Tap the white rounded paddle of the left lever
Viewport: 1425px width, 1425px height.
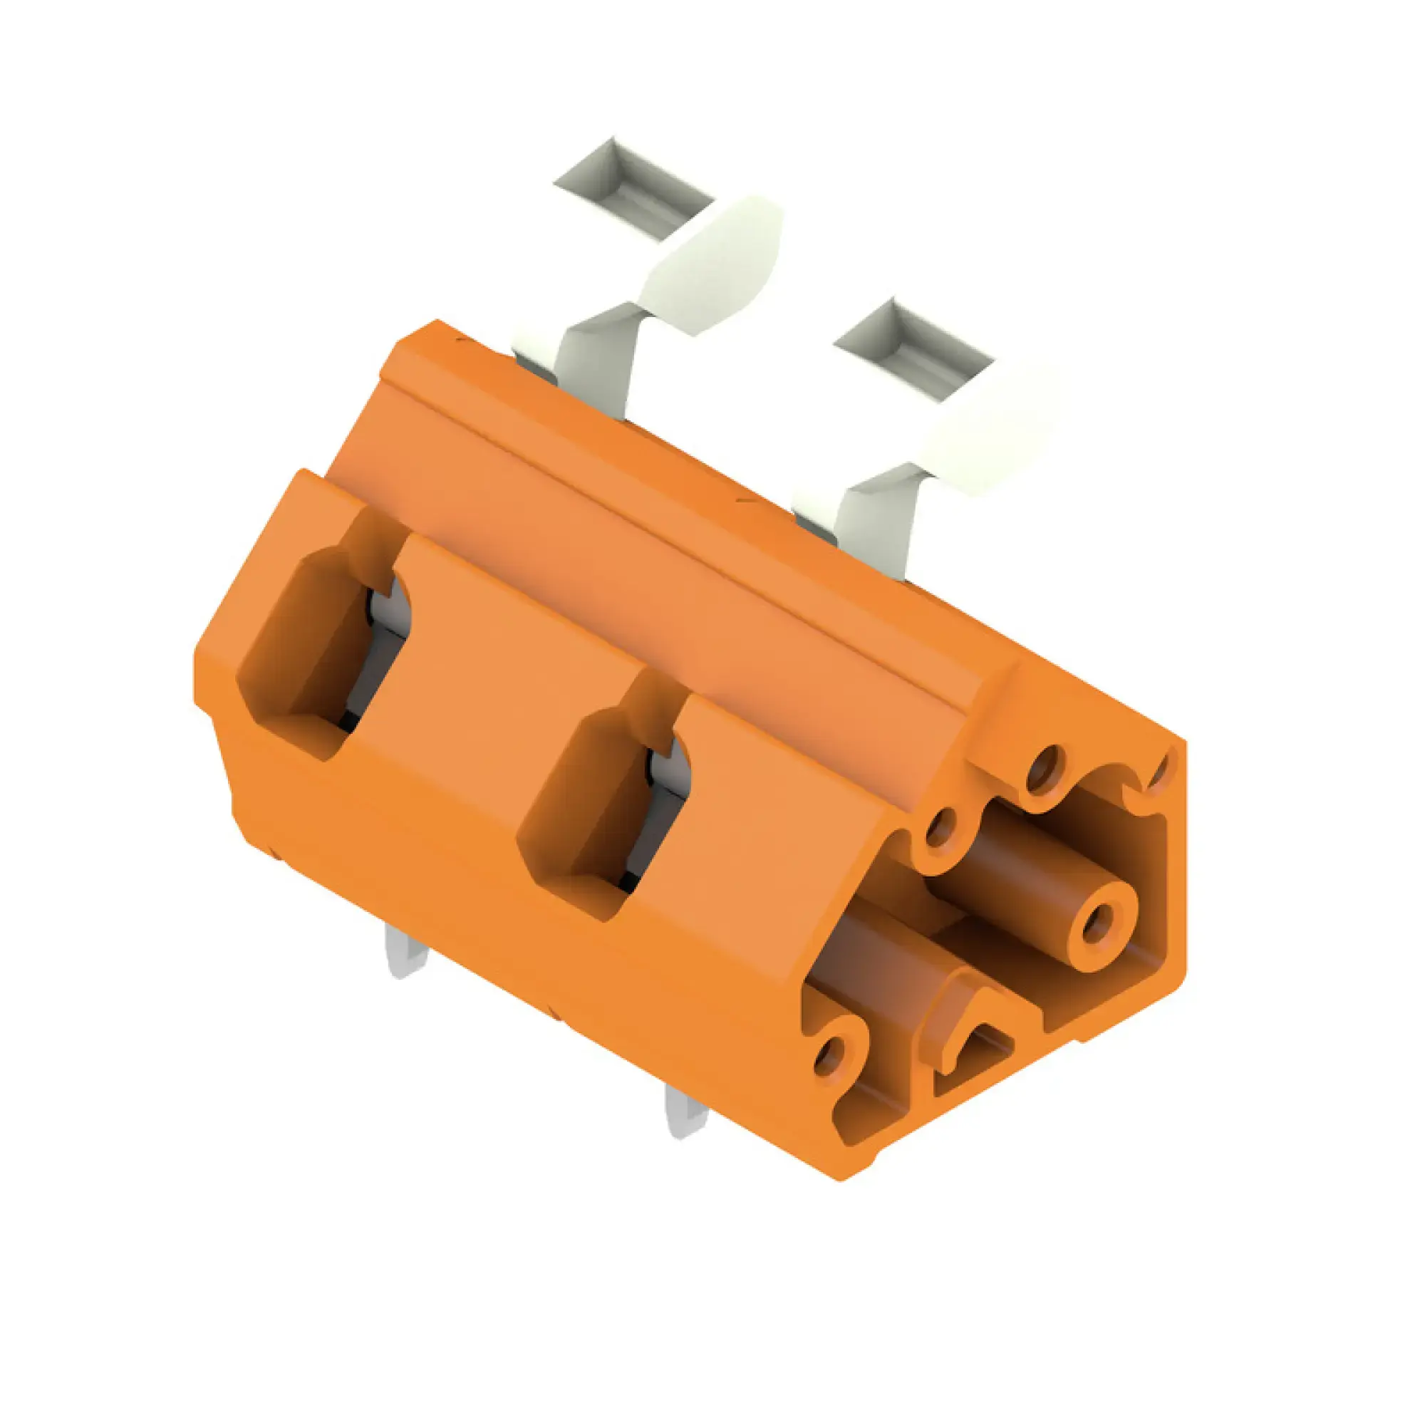(x=714, y=266)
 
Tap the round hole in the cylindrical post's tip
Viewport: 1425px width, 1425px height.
(x=1097, y=923)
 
